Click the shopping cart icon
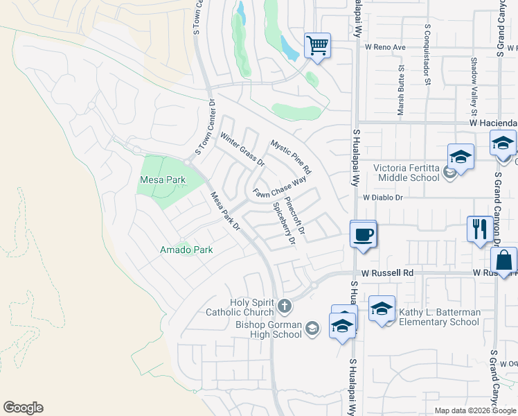tap(317, 46)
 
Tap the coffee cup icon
tap(363, 234)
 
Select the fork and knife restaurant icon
tap(480, 229)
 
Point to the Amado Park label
tap(186, 249)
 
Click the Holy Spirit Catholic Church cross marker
tap(285, 306)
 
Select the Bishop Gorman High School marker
tap(312, 329)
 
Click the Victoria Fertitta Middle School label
tap(407, 173)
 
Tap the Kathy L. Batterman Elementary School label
tap(439, 317)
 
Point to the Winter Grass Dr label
tap(242, 150)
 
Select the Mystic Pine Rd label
tap(291, 157)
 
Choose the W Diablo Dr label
tap(383, 197)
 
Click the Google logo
tap(23, 408)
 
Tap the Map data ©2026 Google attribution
tap(475, 410)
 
